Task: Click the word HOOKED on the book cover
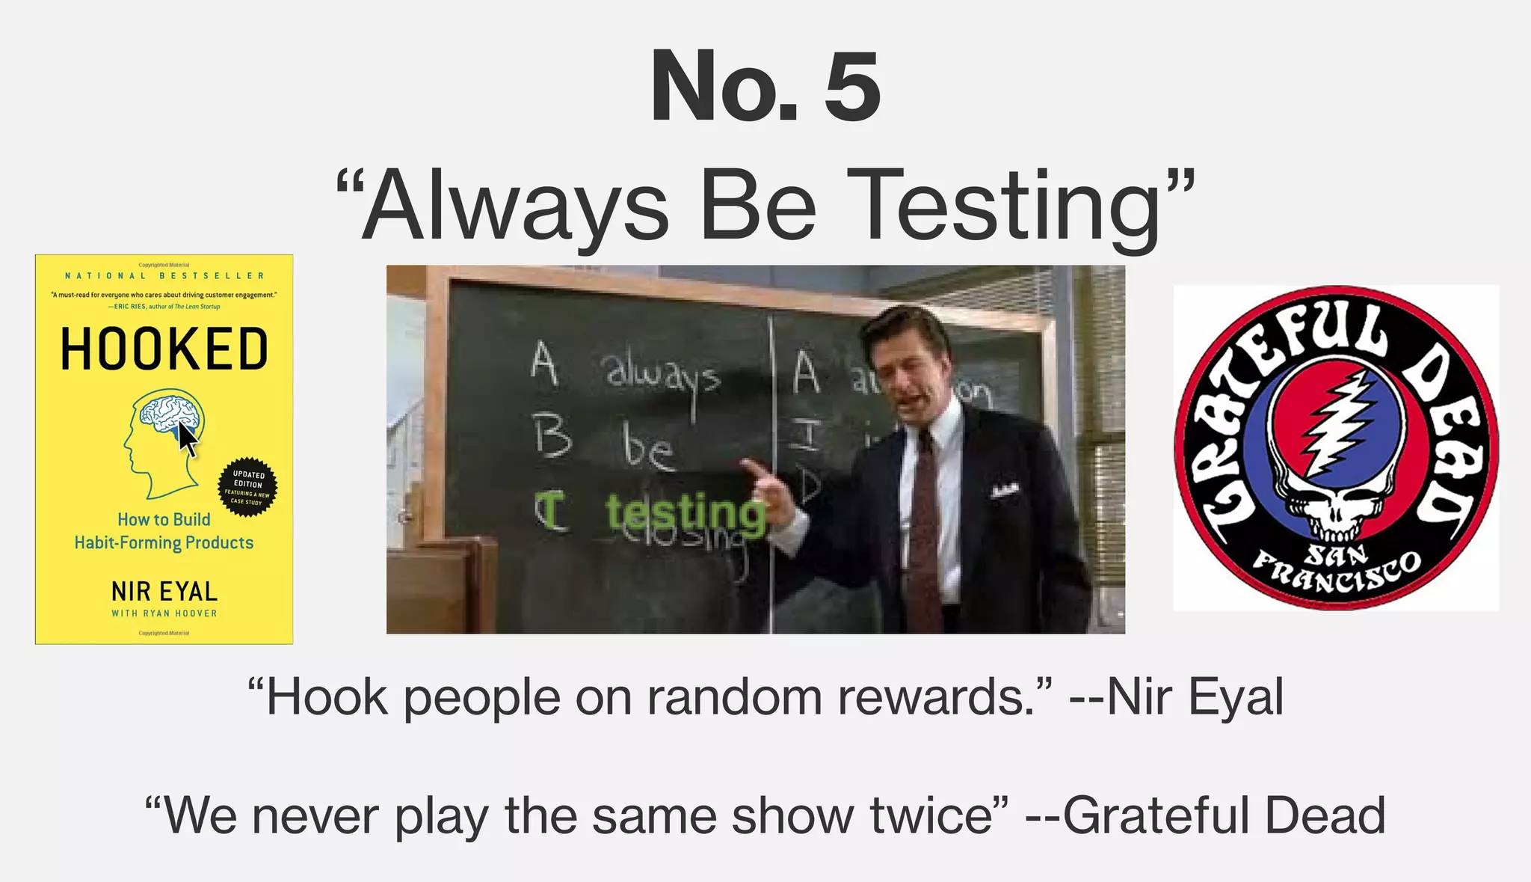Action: [x=164, y=349]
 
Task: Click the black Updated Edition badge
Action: [x=248, y=487]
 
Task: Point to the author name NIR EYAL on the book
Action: [x=164, y=592]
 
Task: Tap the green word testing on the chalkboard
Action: [x=685, y=514]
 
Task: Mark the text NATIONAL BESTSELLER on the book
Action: [x=164, y=276]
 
